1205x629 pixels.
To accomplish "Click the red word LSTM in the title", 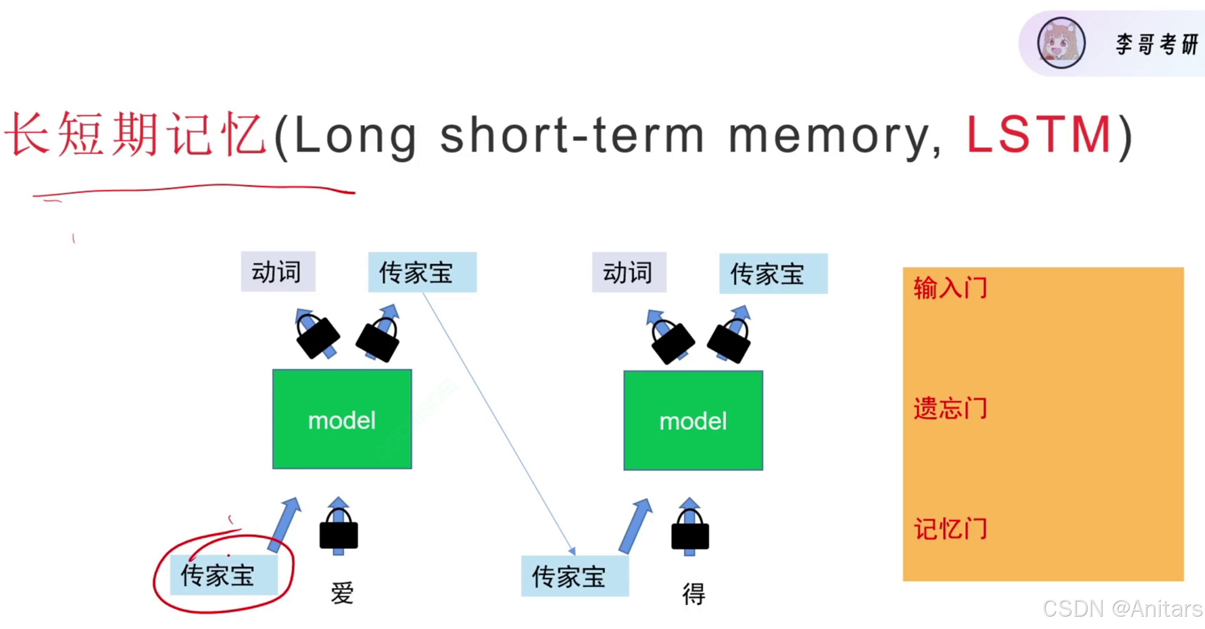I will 1039,135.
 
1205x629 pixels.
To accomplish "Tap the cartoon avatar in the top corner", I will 1060,43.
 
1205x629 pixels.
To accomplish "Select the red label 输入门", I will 950,288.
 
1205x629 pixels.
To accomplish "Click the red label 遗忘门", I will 950,408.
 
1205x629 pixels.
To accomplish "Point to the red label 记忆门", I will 950,529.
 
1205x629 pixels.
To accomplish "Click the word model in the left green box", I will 342,421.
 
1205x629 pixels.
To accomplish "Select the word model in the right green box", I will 693,421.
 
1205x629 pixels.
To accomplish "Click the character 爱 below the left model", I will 342,593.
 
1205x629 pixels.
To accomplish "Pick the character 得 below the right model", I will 693,594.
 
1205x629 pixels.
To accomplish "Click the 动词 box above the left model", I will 278,272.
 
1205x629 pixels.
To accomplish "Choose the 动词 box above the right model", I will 629,273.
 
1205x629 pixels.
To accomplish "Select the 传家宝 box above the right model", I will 773,274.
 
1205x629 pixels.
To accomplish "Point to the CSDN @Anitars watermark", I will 1122,609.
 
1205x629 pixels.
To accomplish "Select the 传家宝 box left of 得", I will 574,576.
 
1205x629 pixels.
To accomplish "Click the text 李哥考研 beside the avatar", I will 1156,44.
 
